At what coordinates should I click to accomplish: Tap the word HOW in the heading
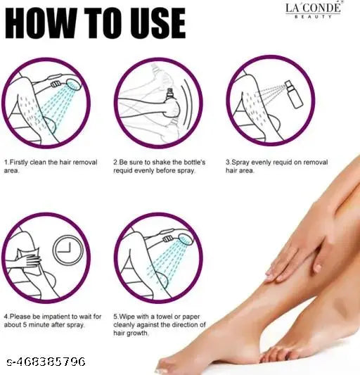43,24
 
